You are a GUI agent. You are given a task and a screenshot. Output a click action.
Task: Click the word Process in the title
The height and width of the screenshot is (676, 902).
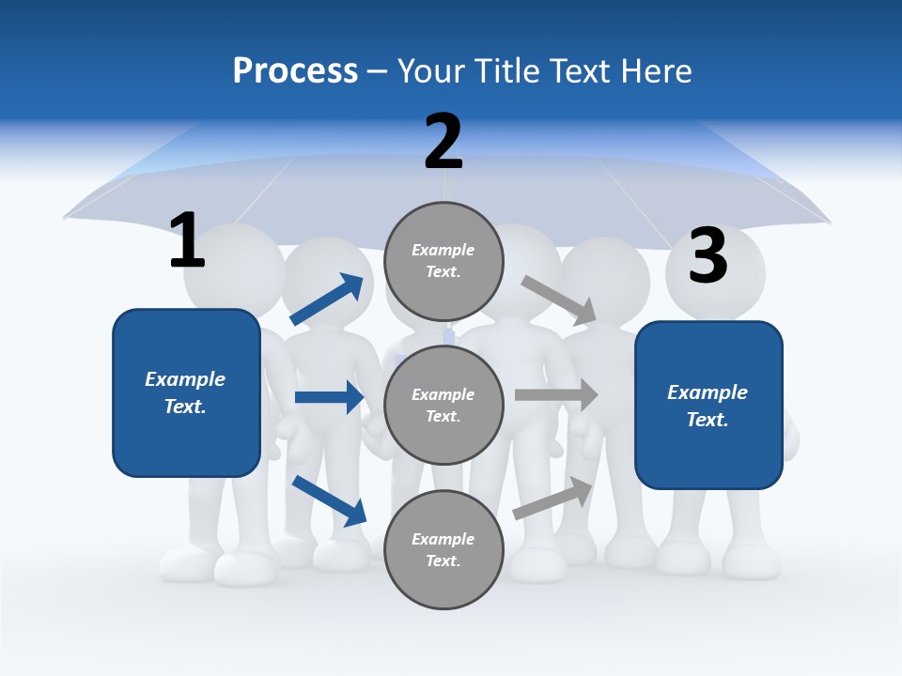coord(295,70)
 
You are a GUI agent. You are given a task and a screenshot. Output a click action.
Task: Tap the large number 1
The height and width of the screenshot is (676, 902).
coord(187,239)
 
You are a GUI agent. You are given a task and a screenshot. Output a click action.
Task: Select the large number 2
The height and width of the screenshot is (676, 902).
coord(443,142)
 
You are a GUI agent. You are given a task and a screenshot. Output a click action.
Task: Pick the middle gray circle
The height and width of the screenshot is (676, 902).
coord(443,405)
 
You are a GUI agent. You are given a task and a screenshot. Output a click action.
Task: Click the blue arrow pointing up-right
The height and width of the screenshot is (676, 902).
coord(327,300)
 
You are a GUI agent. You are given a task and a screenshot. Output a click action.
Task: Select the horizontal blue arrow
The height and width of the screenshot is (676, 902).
coord(329,397)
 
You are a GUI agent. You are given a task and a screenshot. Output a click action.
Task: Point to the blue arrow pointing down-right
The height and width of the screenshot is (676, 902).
coord(329,500)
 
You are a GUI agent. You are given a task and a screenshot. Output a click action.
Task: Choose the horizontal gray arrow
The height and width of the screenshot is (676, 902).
coord(556,394)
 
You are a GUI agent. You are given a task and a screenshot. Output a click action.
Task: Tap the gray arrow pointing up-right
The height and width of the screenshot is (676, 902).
coord(553,498)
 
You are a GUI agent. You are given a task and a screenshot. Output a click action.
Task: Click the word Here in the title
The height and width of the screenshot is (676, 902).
coord(658,70)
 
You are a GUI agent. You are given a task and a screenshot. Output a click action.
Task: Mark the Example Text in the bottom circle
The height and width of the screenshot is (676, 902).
coord(443,550)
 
